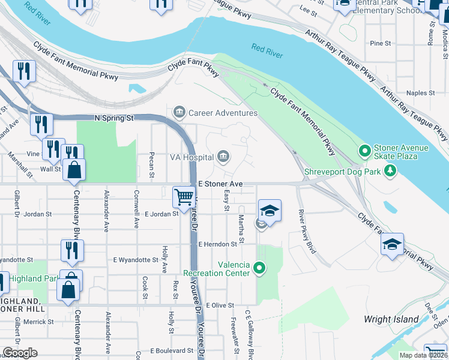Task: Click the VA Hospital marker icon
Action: [223, 157]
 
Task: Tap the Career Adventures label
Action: [223, 113]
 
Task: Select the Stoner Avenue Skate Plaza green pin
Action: [363, 150]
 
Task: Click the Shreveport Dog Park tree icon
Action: [391, 171]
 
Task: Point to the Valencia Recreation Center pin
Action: [259, 268]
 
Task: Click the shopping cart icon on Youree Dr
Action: [184, 196]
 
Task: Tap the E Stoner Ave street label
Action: [220, 183]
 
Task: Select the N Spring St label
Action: [114, 118]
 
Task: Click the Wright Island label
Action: [391, 319]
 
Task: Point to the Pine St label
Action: [381, 44]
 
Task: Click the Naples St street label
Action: [420, 93]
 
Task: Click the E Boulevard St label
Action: [171, 350]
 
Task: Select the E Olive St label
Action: [219, 305]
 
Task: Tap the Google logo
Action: [20, 353]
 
